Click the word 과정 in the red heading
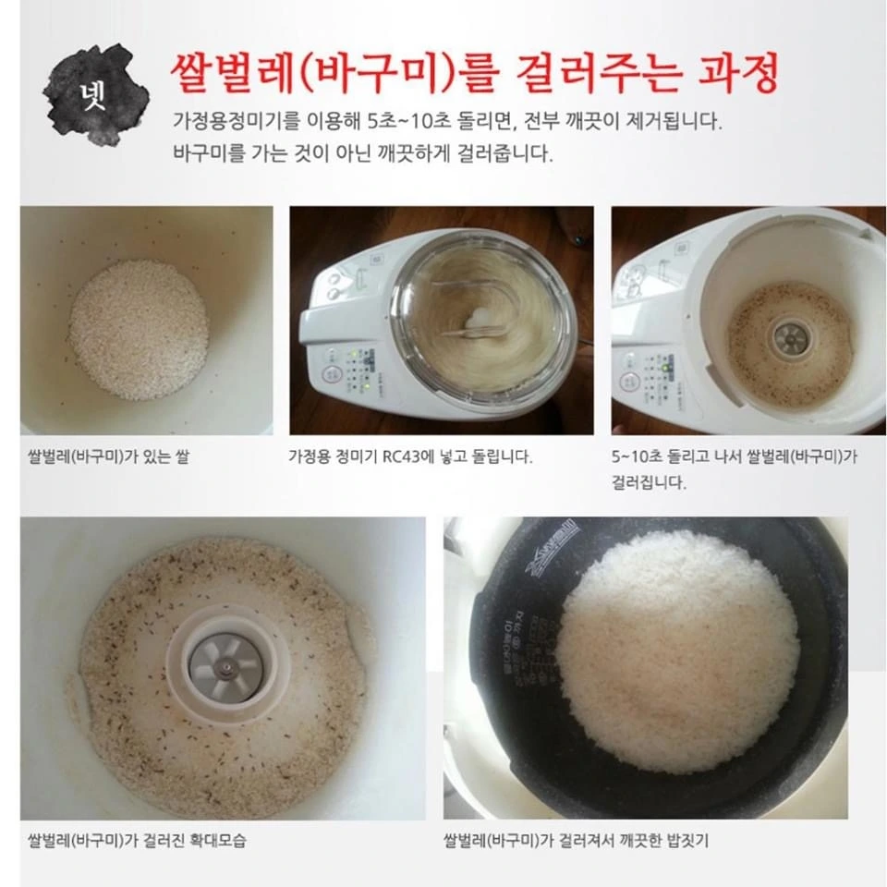739,74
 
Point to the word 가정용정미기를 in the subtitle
237,121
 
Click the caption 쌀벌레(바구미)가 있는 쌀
109,456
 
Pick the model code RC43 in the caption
401,456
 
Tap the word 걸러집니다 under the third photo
649,482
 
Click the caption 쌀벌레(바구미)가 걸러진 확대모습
137,840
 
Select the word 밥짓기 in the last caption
687,840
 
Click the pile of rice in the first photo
138,329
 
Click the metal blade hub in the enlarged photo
225,667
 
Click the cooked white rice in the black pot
677,651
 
